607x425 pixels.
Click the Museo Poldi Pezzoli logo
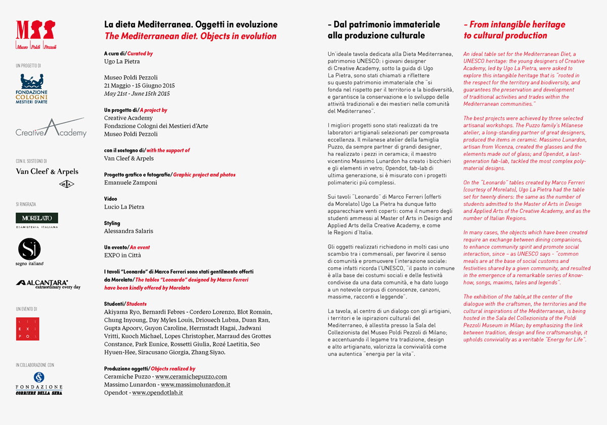(x=36, y=34)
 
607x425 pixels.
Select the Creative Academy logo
(x=51, y=129)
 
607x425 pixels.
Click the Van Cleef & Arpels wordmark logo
(x=47, y=172)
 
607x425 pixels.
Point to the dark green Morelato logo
(x=37, y=218)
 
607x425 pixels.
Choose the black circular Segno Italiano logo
(x=29, y=249)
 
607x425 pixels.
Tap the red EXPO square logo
(x=28, y=329)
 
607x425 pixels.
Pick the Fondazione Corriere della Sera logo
(x=39, y=383)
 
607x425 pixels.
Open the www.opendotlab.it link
(x=157, y=393)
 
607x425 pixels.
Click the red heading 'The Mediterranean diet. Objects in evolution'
(x=190, y=36)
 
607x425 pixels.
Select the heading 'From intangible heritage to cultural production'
(x=514, y=30)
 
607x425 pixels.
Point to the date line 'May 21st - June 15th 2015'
(x=137, y=94)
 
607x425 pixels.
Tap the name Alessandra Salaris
(x=128, y=231)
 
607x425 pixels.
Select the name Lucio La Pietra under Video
(x=124, y=207)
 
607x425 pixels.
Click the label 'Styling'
(x=112, y=223)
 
